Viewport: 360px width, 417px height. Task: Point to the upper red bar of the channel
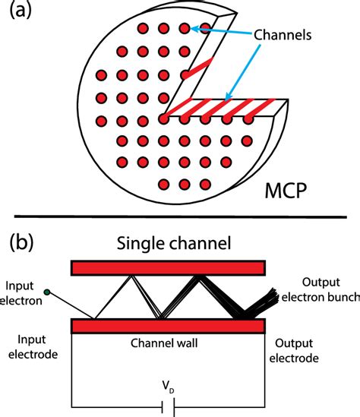[168, 268]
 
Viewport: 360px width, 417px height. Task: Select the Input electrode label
[29, 349]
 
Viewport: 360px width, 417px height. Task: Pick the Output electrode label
[298, 351]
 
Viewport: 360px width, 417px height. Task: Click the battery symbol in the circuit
[169, 407]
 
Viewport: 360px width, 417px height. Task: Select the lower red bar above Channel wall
[168, 326]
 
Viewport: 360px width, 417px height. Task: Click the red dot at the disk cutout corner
[163, 118]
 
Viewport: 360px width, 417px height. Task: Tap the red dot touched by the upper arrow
[184, 29]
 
